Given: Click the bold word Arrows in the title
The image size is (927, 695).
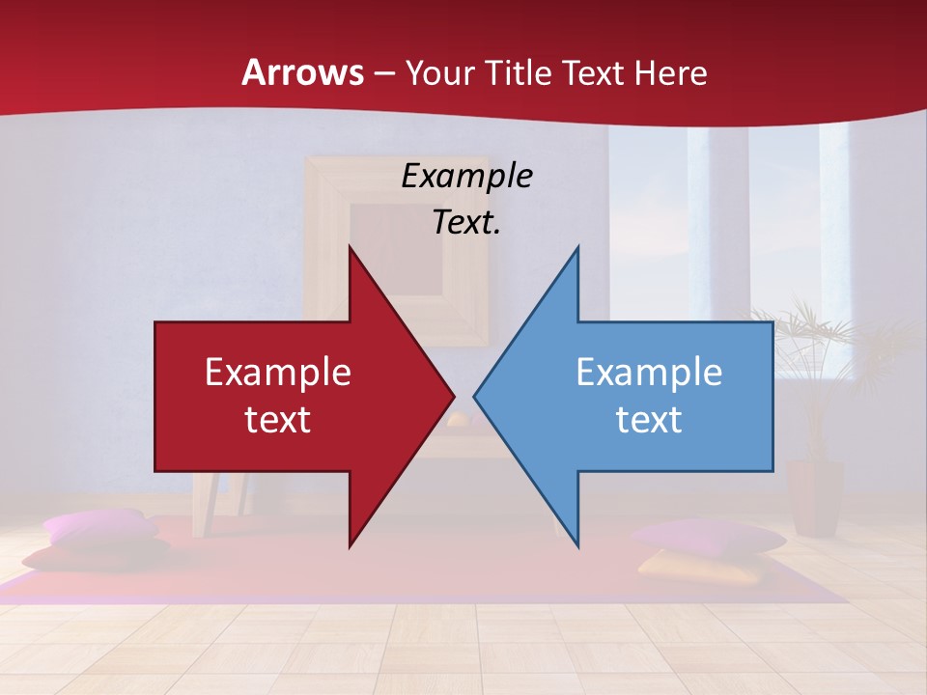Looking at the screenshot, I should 303,73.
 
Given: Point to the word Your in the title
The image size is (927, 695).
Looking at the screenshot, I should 440,73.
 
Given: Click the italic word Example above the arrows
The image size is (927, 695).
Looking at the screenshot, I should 466,176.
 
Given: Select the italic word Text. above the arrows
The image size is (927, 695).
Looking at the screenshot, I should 466,222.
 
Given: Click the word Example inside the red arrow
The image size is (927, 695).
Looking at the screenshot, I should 277,373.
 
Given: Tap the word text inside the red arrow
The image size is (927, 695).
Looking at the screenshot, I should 277,420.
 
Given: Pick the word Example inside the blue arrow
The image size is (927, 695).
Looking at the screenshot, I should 649,373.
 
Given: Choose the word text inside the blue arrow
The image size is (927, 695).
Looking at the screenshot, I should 649,420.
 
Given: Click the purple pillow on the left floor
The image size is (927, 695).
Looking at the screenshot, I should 99,527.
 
